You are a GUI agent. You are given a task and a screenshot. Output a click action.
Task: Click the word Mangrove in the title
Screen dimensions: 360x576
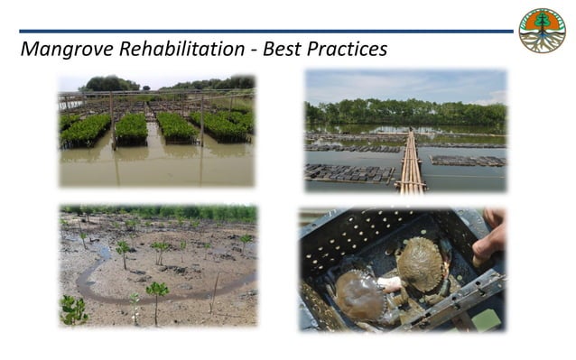pyautogui.click(x=64, y=48)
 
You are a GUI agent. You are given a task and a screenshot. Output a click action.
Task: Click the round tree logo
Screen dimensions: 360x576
pyautogui.click(x=542, y=31)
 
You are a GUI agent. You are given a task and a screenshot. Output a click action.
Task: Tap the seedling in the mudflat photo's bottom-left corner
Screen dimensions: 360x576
pyautogui.click(x=74, y=309)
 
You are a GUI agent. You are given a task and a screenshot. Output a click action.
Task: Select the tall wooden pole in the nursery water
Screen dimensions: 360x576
pyautogui.click(x=111, y=122)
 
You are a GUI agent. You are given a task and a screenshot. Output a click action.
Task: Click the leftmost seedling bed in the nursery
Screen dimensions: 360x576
pyautogui.click(x=85, y=130)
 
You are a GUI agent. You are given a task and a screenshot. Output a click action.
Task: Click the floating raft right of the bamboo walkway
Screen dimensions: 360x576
pyautogui.click(x=466, y=161)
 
